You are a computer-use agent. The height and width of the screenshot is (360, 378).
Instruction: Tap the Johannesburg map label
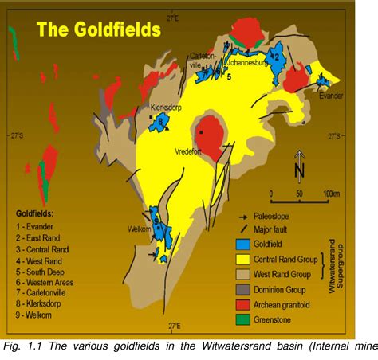(x=250, y=60)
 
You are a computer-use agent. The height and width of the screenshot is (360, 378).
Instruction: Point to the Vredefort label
(x=190, y=149)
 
